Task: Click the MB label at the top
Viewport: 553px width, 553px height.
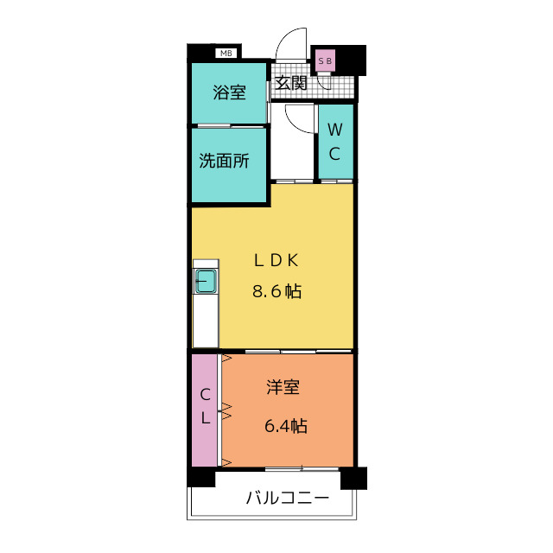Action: tap(226, 54)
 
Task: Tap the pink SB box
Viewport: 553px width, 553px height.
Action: tap(326, 60)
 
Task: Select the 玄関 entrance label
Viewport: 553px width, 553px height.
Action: tap(291, 84)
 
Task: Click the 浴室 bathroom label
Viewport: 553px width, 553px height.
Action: tap(229, 92)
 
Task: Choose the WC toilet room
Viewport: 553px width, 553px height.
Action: tap(335, 143)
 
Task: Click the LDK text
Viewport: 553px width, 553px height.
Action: tap(276, 259)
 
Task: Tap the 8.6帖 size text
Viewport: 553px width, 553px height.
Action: tap(276, 291)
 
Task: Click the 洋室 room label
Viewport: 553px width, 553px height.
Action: tap(283, 388)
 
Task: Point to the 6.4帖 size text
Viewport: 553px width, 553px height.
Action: tap(285, 426)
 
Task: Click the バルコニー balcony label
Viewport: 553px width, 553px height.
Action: tap(287, 499)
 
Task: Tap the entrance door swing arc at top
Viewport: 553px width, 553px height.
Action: tap(294, 43)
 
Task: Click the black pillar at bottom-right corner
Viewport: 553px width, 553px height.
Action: tap(353, 478)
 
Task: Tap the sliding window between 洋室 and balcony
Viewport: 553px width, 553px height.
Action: tap(289, 468)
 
